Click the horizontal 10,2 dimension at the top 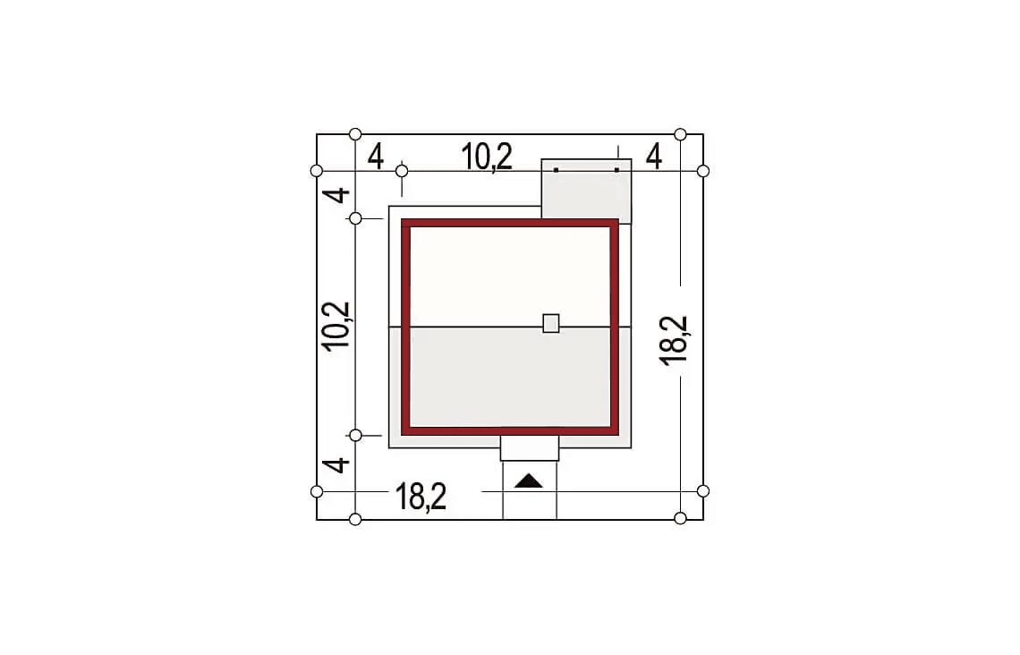pos(487,157)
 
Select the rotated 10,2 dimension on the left pos(337,327)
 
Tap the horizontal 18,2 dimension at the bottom pos(421,497)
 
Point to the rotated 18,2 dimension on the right pos(674,340)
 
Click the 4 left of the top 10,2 pos(376,157)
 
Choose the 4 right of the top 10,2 pos(654,157)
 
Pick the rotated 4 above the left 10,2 pos(337,194)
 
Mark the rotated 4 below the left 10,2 pos(337,465)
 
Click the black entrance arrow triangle pos(528,481)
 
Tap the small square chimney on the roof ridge pos(551,323)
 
